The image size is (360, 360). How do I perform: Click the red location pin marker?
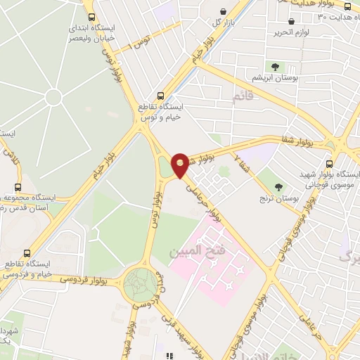pyautogui.click(x=181, y=165)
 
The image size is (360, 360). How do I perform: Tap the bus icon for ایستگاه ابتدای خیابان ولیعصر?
pyautogui.click(x=91, y=17)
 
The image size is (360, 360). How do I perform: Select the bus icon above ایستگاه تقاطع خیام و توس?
pyautogui.click(x=160, y=94)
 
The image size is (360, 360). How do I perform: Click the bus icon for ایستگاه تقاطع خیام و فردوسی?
pyautogui.click(x=27, y=253)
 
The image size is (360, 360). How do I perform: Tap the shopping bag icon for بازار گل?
pyautogui.click(x=223, y=12)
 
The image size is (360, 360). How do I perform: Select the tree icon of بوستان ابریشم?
pyautogui.click(x=275, y=67)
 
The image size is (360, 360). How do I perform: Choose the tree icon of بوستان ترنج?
pyautogui.click(x=279, y=187)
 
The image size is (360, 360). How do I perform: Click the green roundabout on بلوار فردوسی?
pyautogui.click(x=141, y=284)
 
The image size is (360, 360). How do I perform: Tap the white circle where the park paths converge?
pyautogui.click(x=54, y=98)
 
